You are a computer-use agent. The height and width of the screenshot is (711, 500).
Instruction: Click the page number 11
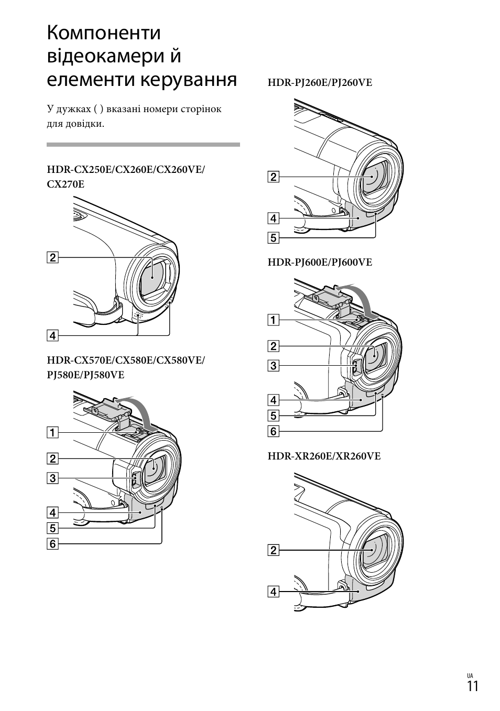[x=472, y=687]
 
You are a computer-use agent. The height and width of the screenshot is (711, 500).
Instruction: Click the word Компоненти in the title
[x=104, y=33]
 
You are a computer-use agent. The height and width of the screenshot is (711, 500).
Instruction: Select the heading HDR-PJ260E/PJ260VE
[x=320, y=83]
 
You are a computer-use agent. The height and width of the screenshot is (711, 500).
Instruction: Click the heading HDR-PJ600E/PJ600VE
[x=320, y=262]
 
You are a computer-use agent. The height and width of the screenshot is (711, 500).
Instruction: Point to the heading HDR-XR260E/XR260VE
[x=324, y=456]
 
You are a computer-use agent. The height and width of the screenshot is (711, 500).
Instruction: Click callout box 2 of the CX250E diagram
[x=52, y=257]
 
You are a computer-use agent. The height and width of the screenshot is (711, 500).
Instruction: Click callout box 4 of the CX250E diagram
[x=52, y=335]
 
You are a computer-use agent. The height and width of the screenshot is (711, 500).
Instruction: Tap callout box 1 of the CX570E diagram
[x=52, y=432]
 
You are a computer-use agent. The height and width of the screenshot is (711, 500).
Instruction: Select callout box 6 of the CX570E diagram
[x=52, y=544]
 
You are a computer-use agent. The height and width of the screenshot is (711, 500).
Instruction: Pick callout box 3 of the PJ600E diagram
[x=273, y=366]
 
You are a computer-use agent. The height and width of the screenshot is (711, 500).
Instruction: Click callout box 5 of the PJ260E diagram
[x=273, y=238]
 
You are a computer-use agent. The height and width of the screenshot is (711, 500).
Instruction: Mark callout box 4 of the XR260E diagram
[x=273, y=592]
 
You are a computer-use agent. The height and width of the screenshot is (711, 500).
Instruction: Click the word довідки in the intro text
[x=83, y=124]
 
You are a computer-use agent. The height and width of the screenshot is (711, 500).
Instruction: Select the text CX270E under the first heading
[x=66, y=184]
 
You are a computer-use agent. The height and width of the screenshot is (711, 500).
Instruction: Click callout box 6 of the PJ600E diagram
[x=273, y=431]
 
